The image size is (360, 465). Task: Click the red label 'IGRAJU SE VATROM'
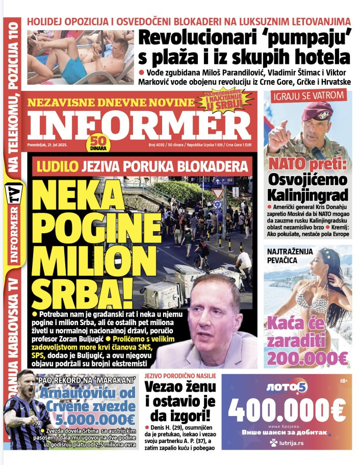point(309,95)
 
